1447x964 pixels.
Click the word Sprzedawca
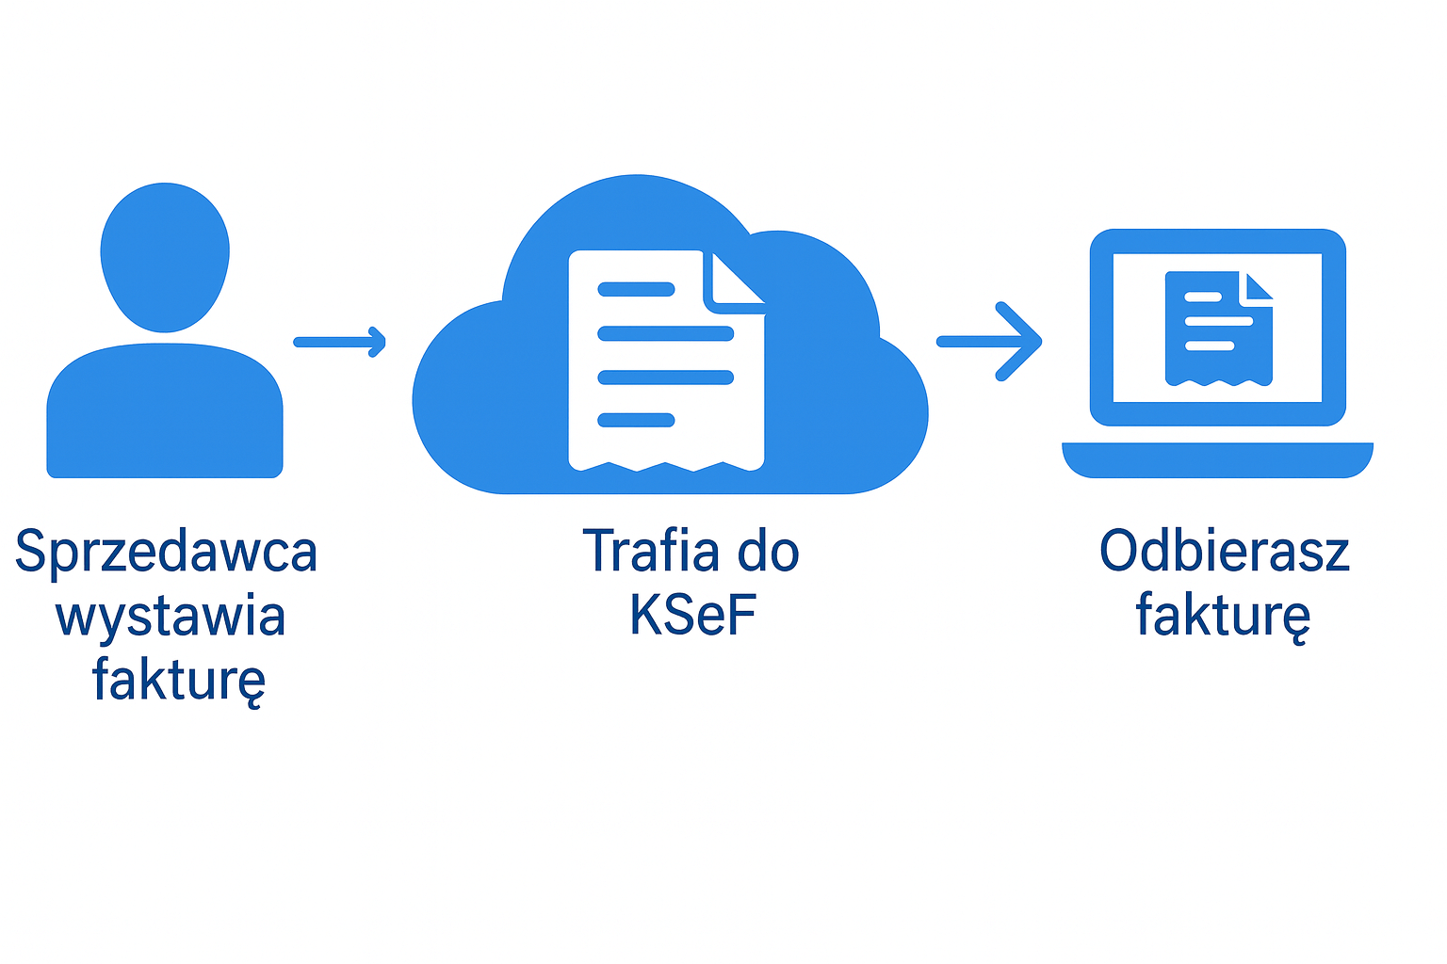tap(166, 552)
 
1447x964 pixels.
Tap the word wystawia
tap(171, 617)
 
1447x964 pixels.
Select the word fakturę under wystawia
tap(178, 680)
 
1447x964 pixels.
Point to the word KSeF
tap(692, 616)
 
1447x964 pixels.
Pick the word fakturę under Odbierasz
tap(1222, 616)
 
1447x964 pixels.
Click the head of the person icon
tap(165, 256)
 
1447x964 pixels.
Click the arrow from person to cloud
tap(339, 342)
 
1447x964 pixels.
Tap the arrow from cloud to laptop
tap(990, 342)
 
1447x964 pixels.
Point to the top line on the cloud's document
tap(637, 290)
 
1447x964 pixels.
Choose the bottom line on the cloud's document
tap(637, 420)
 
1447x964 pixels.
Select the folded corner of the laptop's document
tap(1257, 286)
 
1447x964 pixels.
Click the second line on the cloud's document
tap(666, 333)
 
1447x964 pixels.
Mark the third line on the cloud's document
tap(666, 378)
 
